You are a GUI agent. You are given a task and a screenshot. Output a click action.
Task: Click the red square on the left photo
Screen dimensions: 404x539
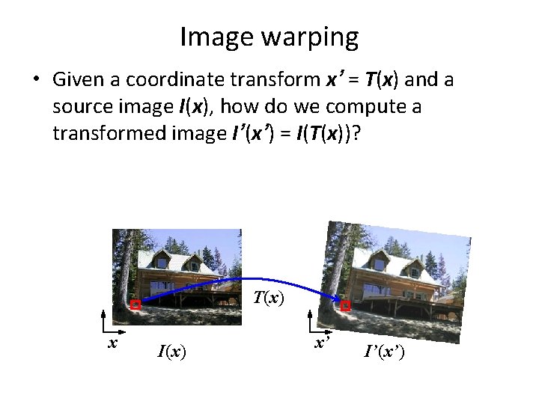point(135,304)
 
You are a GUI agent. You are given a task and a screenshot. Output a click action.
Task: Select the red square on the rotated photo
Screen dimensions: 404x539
point(345,306)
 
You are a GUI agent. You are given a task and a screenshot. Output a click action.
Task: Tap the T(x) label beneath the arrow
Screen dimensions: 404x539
point(267,298)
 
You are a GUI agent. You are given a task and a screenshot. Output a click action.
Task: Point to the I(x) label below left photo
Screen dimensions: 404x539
point(171,350)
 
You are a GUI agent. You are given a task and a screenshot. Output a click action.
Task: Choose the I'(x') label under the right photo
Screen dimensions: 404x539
point(384,351)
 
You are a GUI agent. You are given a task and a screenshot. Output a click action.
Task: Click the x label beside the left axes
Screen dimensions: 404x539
point(112,342)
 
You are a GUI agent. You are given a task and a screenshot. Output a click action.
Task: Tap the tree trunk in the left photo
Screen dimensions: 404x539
point(124,269)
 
